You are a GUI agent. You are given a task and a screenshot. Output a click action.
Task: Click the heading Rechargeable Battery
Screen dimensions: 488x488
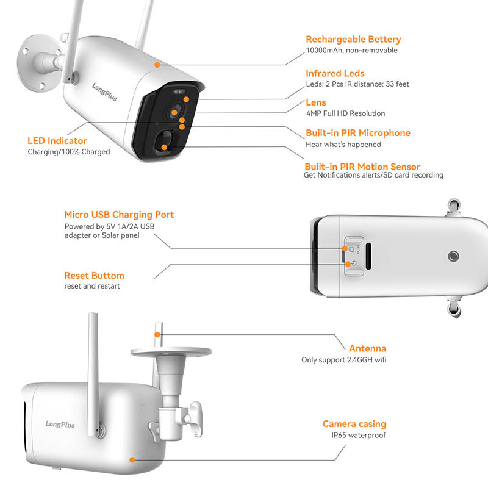[x=353, y=40]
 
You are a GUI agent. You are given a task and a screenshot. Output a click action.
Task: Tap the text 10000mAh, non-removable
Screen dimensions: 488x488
[x=351, y=51]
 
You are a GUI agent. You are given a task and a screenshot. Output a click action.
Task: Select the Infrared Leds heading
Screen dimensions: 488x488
[x=335, y=74]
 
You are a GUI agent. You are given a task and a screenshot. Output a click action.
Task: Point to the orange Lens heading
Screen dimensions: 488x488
[x=316, y=102]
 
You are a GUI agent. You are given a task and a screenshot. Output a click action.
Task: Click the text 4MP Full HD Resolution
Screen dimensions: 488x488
[x=345, y=113]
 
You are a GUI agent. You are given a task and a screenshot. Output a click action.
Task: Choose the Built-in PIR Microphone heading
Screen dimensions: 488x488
[x=357, y=133]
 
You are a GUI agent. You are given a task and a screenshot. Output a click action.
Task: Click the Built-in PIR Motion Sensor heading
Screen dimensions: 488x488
[x=362, y=167]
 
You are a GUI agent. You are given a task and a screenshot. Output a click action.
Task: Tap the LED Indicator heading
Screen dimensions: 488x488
[x=57, y=141]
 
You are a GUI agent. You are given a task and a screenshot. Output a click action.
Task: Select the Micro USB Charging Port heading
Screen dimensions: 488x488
[x=119, y=215]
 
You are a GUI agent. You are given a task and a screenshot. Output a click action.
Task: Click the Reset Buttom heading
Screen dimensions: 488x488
[x=94, y=276]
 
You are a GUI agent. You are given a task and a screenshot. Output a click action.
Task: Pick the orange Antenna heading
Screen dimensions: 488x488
[x=367, y=349]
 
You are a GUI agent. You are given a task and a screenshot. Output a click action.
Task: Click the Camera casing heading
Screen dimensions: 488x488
[x=354, y=424]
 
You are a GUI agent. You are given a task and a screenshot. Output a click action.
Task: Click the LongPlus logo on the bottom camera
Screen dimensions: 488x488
[x=60, y=423]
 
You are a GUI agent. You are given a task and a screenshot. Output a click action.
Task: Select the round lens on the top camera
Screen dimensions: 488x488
[x=176, y=112]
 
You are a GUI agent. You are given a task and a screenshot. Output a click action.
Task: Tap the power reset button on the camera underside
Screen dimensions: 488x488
[x=347, y=264]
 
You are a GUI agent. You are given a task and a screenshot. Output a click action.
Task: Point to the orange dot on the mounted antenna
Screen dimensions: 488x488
[x=157, y=334]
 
